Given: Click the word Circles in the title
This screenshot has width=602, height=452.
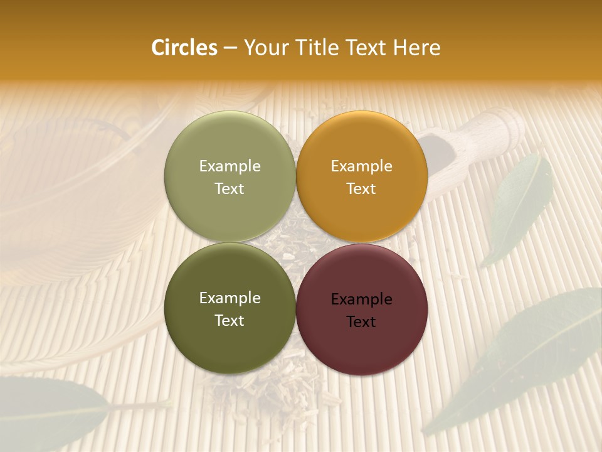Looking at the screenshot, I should point(184,48).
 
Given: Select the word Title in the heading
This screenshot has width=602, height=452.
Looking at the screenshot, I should point(319,48).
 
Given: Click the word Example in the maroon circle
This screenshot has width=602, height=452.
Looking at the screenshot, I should point(361,299).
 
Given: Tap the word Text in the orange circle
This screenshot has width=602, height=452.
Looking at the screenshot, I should point(361,189).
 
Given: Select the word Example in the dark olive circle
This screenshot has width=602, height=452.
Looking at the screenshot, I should point(230,298).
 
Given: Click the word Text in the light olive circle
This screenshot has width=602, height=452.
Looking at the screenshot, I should point(230,189).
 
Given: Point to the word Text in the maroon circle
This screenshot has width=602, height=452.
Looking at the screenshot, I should point(361,321).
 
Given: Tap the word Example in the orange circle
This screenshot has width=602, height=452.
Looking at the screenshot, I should point(361,166).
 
